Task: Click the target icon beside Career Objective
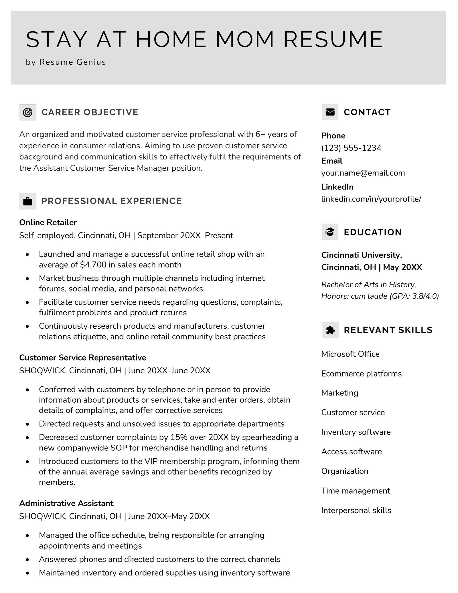tap(27, 112)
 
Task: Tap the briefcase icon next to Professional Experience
tap(27, 201)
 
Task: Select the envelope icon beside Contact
tap(330, 112)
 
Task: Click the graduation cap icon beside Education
tap(330, 232)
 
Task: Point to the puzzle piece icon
tap(330, 330)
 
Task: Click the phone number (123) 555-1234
tap(351, 148)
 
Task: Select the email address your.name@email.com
tap(363, 173)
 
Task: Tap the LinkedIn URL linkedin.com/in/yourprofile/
tap(371, 199)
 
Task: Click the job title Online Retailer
tap(48, 222)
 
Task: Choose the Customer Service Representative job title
tap(82, 358)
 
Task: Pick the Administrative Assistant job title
tap(66, 503)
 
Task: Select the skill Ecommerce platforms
tap(361, 374)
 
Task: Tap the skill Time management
tap(356, 491)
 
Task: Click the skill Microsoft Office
tap(350, 354)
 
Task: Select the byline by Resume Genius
tap(66, 62)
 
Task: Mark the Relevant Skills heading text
tap(388, 330)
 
